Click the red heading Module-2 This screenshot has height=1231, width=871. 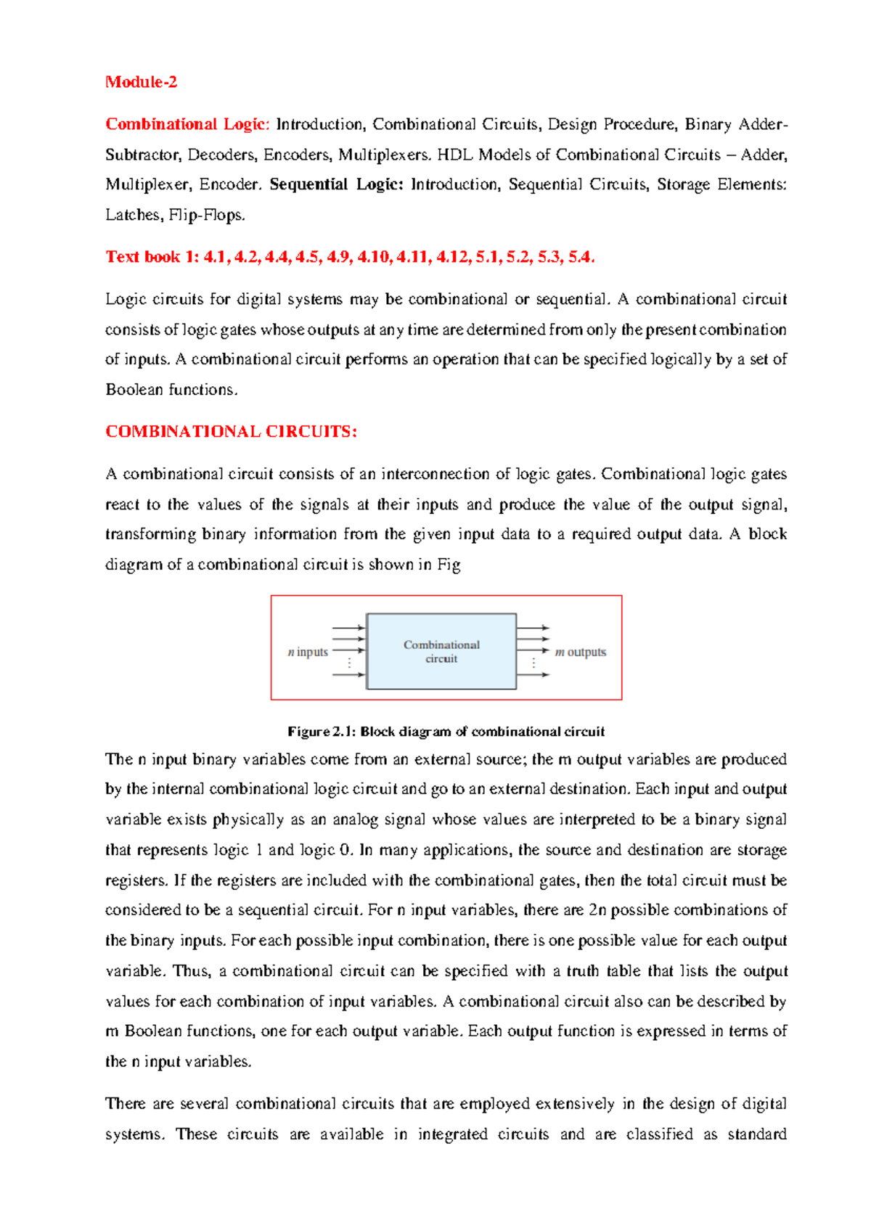click(x=141, y=82)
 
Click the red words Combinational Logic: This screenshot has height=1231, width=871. click(x=187, y=124)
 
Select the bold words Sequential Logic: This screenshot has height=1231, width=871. click(x=336, y=184)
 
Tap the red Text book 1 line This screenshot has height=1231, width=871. click(x=350, y=257)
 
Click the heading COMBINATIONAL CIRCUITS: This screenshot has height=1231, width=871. click(x=231, y=432)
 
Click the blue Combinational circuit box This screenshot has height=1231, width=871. click(x=441, y=652)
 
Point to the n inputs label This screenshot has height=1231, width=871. click(x=308, y=652)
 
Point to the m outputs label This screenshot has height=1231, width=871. click(x=580, y=652)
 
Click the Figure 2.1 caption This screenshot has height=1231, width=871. click(x=446, y=732)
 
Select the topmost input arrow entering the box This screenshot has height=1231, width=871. click(x=348, y=628)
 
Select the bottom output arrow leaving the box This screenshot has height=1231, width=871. click(x=533, y=675)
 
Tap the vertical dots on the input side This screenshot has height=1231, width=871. click(x=350, y=663)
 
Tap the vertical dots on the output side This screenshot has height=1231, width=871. click(x=534, y=663)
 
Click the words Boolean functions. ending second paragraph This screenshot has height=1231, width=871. click(x=171, y=390)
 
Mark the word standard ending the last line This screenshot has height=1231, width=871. click(x=757, y=1134)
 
